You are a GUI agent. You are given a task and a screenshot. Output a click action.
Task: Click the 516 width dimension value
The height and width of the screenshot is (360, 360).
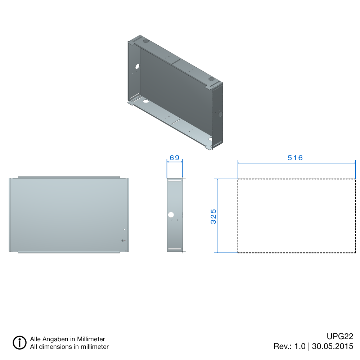click(295, 158)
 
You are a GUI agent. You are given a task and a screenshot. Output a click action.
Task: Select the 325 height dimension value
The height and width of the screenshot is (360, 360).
click(213, 216)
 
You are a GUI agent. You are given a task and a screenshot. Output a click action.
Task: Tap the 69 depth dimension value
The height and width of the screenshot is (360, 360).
click(175, 158)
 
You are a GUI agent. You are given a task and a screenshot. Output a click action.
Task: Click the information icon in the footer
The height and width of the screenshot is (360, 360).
click(20, 342)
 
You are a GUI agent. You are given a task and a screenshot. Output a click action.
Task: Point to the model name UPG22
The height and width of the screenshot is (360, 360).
click(340, 337)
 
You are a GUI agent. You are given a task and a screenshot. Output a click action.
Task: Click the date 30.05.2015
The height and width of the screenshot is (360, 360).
click(333, 346)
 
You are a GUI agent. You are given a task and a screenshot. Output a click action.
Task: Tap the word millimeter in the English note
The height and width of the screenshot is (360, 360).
click(92, 347)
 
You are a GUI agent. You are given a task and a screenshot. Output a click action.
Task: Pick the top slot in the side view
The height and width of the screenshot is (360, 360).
click(175, 182)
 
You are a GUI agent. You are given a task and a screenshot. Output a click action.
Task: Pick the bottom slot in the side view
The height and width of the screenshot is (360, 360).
click(175, 249)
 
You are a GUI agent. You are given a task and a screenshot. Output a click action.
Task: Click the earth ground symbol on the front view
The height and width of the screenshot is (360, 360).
click(122, 240)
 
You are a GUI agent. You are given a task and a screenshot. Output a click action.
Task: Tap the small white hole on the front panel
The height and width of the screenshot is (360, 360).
click(125, 229)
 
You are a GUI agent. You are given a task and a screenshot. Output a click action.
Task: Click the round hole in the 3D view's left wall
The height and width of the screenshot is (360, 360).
click(137, 67)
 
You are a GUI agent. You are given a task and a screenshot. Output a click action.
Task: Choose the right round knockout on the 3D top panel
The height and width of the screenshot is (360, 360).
click(211, 79)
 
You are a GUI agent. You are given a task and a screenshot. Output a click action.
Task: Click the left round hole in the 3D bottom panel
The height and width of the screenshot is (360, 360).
click(146, 102)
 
